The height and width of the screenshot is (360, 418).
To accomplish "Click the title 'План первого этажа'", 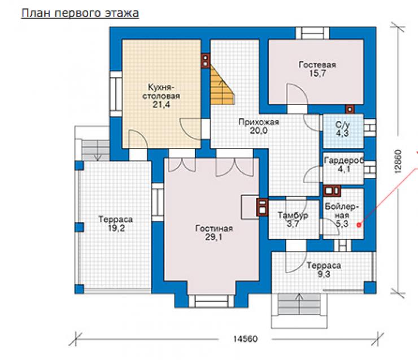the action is tap(80, 13).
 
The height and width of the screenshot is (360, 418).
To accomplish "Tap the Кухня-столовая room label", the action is tap(161, 92).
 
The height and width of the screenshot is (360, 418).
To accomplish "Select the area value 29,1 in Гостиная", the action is tap(214, 237).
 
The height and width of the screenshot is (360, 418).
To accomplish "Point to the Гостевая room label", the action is tap(317, 65).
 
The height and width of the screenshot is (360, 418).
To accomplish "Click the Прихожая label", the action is tap(259, 122).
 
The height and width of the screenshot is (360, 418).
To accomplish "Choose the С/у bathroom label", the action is tap(342, 125).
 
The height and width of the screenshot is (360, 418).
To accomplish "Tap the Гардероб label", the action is tap(344, 161).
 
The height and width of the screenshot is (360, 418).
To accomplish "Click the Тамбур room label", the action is tap(293, 215).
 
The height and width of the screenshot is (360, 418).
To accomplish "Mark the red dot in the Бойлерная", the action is tap(359, 225).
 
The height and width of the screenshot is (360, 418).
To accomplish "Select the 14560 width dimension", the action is tap(246, 339).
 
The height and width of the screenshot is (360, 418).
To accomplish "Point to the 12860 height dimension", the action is tap(398, 162).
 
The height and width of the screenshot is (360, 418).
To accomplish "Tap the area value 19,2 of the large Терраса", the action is tap(116, 228).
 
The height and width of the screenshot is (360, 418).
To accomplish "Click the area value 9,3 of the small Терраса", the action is tap(324, 274).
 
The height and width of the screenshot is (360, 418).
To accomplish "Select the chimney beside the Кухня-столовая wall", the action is tap(206, 61).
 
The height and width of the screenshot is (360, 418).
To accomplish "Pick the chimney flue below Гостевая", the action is tap(350, 109).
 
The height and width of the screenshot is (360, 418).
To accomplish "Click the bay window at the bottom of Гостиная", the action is tap(212, 301).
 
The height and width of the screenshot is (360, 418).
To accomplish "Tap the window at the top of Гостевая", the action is tap(312, 33).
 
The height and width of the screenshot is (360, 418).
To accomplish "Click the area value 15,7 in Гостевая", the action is tap(317, 73).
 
